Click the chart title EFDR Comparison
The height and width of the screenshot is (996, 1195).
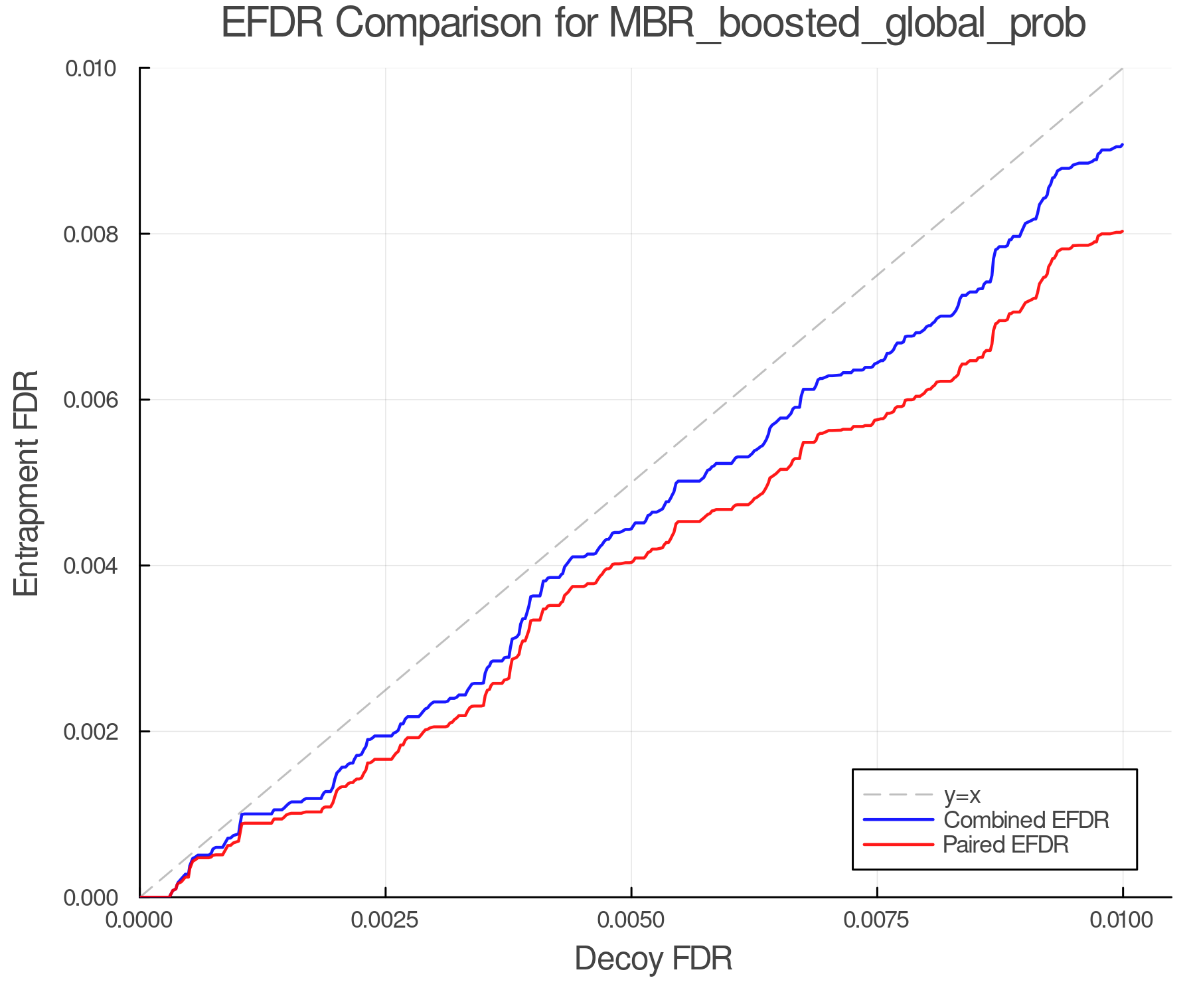[x=653, y=23]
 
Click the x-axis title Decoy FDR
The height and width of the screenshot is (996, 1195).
[x=653, y=958]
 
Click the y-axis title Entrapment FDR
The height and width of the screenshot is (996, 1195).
[x=27, y=483]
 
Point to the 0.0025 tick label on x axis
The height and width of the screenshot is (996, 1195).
[x=385, y=920]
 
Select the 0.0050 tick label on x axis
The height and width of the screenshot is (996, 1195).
[x=631, y=920]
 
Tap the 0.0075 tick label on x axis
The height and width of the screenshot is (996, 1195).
[x=877, y=920]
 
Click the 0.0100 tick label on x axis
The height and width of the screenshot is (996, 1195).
[x=1123, y=920]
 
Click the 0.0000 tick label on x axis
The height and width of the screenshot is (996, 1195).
[x=139, y=920]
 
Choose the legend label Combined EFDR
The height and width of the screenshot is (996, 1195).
[x=1026, y=820]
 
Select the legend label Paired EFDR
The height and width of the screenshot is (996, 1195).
[x=1006, y=845]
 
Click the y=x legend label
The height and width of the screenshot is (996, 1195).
[x=962, y=795]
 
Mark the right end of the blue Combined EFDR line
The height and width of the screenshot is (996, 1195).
[x=1122, y=145]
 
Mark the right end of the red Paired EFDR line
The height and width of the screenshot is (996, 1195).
[x=1122, y=231]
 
